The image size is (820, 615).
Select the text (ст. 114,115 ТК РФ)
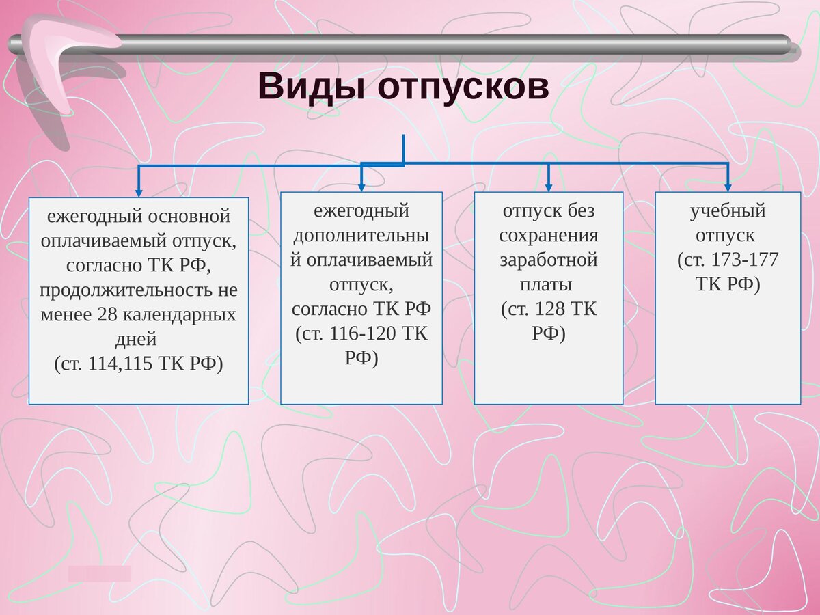click(139, 364)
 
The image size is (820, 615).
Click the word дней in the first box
click(139, 339)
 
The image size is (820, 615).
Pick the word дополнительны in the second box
click(361, 236)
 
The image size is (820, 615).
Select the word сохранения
click(549, 236)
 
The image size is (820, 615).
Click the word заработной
click(549, 260)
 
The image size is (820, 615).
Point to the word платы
click(549, 284)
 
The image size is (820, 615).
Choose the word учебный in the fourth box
click(727, 211)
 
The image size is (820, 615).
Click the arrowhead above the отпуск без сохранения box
click(549, 187)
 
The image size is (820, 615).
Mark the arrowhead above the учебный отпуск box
click(728, 187)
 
